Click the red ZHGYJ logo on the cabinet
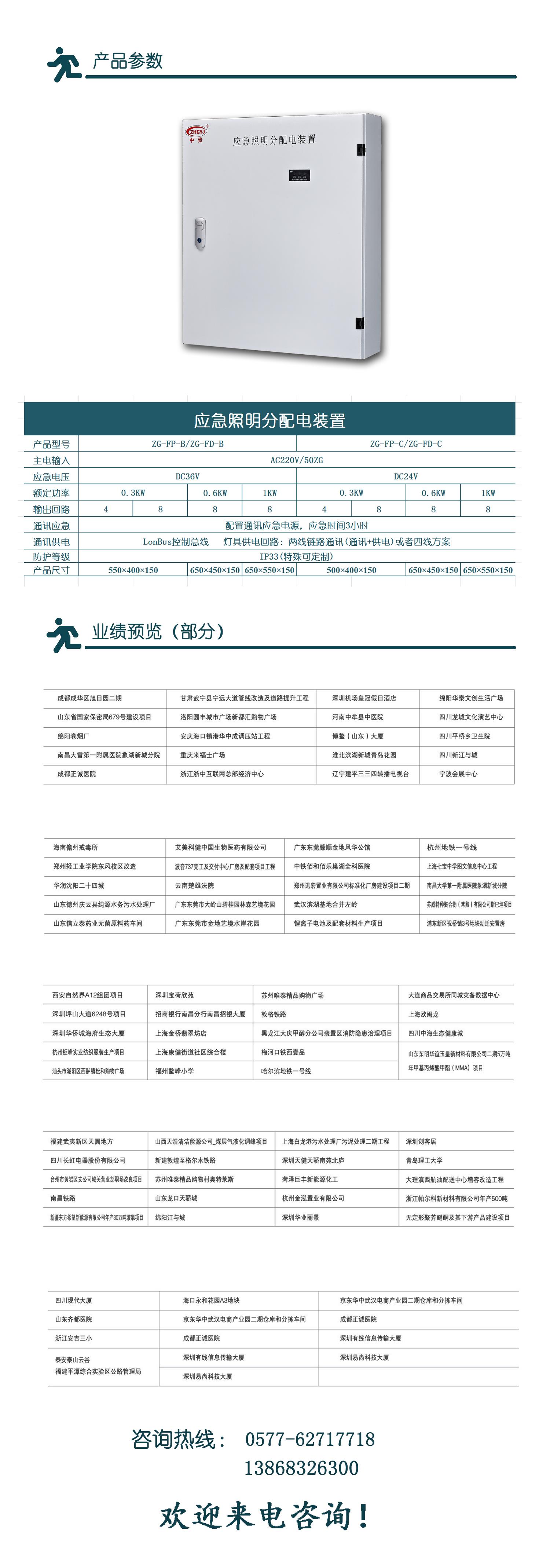click(x=196, y=131)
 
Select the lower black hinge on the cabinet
click(x=359, y=323)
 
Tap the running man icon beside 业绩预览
click(x=63, y=635)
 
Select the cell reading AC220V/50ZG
click(x=296, y=460)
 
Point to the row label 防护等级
click(x=51, y=556)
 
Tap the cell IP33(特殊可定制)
click(x=296, y=556)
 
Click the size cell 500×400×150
click(x=351, y=570)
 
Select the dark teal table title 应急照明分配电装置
click(x=269, y=420)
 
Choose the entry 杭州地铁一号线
click(x=451, y=847)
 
